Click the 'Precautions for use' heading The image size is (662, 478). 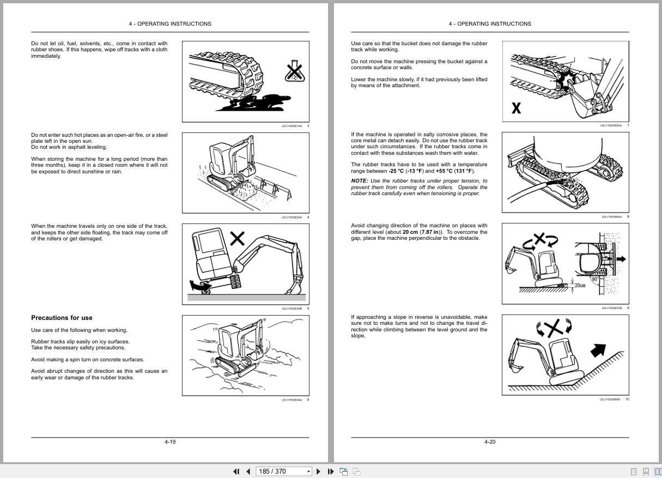[62, 318]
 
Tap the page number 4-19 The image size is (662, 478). [170, 441]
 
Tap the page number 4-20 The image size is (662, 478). [490, 441]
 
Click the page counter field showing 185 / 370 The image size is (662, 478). [281, 471]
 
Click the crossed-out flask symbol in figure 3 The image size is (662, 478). [294, 72]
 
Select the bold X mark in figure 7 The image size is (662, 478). [516, 108]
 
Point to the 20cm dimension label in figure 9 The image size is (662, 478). [580, 285]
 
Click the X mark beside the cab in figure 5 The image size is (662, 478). [236, 238]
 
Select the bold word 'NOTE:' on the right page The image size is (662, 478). [359, 181]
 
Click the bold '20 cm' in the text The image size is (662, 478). [410, 232]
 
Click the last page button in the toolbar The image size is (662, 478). [330, 471]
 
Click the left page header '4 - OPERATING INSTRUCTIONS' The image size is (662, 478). [170, 23]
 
